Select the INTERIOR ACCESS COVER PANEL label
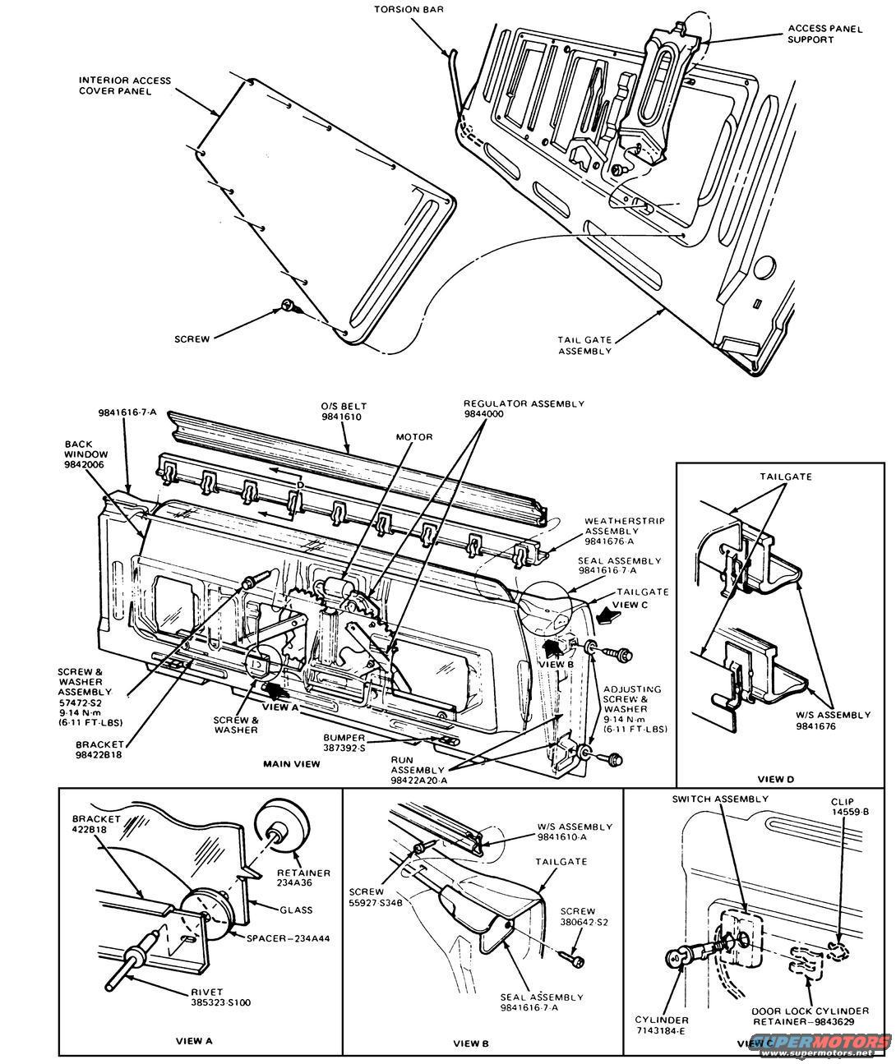[125, 85]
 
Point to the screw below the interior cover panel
[289, 306]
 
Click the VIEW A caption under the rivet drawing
[194, 1040]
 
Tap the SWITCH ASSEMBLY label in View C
[720, 799]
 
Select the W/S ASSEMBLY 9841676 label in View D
[833, 721]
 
